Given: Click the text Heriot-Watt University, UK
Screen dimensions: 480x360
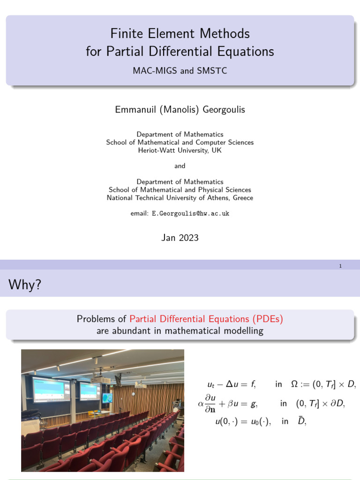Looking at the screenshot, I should point(180,150).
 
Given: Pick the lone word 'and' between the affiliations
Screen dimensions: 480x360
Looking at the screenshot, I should point(180,166).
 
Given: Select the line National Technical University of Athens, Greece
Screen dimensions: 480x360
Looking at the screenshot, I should point(180,198).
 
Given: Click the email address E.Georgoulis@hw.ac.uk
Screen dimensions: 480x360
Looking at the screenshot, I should point(190,213).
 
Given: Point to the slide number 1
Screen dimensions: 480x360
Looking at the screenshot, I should point(340,266).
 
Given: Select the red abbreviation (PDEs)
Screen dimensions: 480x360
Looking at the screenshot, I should point(268,319).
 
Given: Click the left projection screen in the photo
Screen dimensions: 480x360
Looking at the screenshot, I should point(51,390).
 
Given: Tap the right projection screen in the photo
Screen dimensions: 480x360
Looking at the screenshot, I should point(90,391).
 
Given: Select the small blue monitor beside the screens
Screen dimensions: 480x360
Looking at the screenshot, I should point(107,398).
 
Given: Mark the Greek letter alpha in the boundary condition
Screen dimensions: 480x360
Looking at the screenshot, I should point(201,403).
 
